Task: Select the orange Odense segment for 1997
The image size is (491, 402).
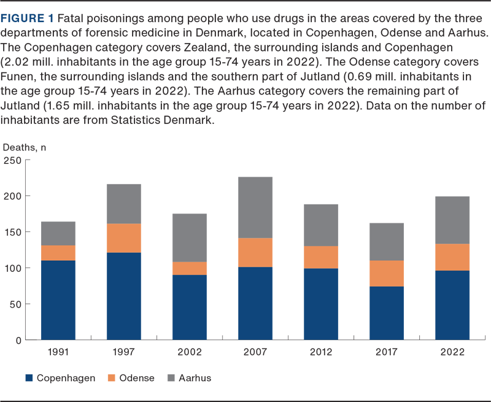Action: point(123,238)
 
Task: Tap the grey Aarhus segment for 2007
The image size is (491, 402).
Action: point(255,207)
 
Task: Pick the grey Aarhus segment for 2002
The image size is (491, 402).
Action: point(189,238)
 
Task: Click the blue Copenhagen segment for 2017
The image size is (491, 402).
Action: point(386,313)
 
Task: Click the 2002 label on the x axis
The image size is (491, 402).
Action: point(189,352)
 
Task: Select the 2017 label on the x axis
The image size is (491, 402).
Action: point(386,352)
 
